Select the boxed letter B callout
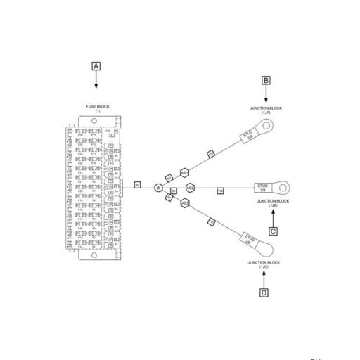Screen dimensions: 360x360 tap(266, 80)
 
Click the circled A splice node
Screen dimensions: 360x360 tap(159, 188)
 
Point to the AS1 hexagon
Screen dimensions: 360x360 tap(184, 172)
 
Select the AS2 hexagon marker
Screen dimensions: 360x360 tap(190, 188)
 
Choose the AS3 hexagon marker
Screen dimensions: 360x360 tap(184, 203)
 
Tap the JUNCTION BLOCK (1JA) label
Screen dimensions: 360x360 tap(266, 110)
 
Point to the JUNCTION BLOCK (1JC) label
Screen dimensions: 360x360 tap(264, 264)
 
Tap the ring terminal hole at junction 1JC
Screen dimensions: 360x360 tap(268, 247)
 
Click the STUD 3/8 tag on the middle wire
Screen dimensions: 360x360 tap(263, 188)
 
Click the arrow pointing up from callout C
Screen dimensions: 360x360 tap(273, 216)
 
